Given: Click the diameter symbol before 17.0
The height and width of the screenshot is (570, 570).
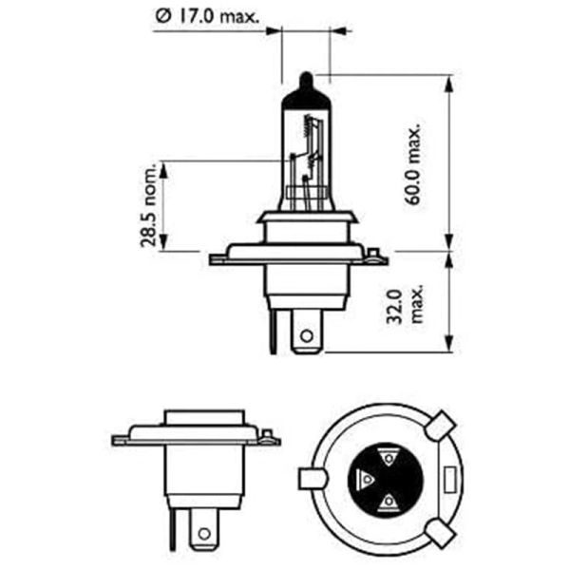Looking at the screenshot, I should click(x=160, y=15).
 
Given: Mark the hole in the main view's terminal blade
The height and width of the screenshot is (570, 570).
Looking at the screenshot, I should click(x=306, y=335).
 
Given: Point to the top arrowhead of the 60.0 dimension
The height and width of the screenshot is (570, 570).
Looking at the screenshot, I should click(x=447, y=78).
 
